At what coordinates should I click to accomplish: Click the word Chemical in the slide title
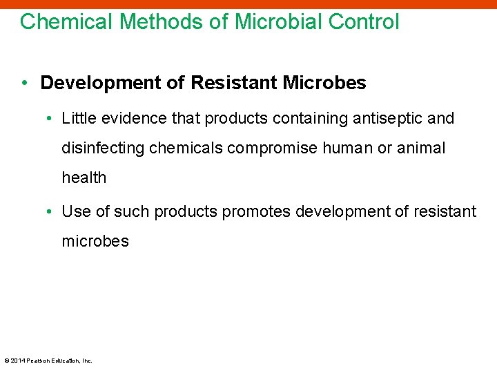click(66, 21)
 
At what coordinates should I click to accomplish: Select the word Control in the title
click(364, 21)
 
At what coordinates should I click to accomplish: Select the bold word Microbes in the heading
click(324, 84)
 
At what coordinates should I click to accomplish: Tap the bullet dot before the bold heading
click(25, 84)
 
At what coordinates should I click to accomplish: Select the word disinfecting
click(104, 149)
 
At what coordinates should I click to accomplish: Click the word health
click(84, 178)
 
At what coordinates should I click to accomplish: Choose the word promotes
click(256, 211)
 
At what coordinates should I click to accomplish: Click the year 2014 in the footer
click(17, 361)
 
